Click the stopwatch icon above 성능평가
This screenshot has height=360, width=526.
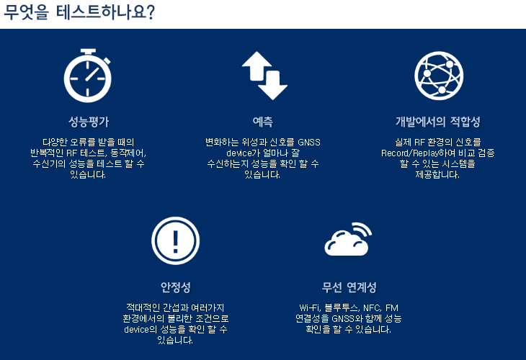pos(88,76)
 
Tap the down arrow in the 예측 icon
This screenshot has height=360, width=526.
pos(272,85)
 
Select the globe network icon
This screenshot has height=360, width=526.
pos(439,76)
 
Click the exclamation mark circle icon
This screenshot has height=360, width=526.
pos(175,240)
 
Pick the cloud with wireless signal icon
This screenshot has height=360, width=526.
pos(349,239)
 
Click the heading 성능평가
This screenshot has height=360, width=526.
pos(89,122)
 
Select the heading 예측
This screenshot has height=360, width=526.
pos(263,122)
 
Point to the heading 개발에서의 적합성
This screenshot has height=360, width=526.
pos(438,122)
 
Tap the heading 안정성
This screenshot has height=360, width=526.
pos(175,287)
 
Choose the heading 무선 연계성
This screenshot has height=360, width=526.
pos(349,287)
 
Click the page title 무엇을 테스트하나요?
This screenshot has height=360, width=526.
pos(79,12)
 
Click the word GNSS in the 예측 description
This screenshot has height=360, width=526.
pos(309,143)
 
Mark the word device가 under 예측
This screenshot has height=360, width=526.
pos(243,153)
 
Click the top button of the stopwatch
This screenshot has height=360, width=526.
pos(88,51)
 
